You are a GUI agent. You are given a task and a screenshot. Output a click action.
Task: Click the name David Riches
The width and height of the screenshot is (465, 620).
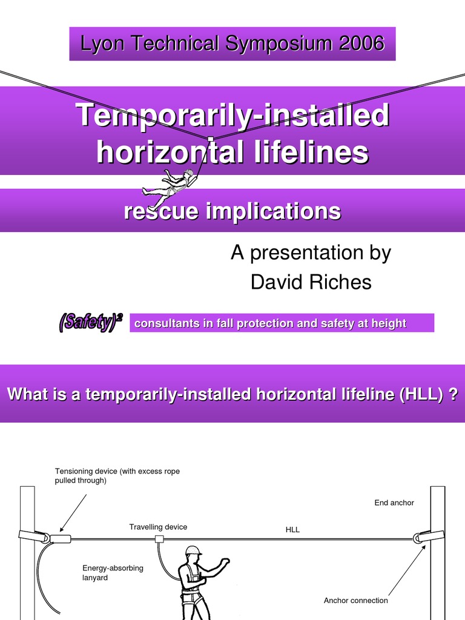(x=311, y=282)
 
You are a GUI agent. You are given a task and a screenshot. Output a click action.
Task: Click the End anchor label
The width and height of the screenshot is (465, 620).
(x=394, y=503)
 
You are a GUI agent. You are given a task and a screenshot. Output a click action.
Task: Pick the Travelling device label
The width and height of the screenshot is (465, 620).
(x=158, y=527)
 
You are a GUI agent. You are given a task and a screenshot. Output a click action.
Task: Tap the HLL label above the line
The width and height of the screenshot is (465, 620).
(x=292, y=530)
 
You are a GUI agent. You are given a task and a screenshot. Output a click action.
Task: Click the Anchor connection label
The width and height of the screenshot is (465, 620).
(x=355, y=601)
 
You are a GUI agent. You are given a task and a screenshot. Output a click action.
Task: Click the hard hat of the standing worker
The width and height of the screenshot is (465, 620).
(x=193, y=550)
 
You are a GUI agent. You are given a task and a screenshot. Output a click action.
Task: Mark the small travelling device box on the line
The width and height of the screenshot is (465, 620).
(x=160, y=538)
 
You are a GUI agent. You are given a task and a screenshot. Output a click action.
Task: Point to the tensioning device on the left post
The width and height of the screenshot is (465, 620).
(x=60, y=538)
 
